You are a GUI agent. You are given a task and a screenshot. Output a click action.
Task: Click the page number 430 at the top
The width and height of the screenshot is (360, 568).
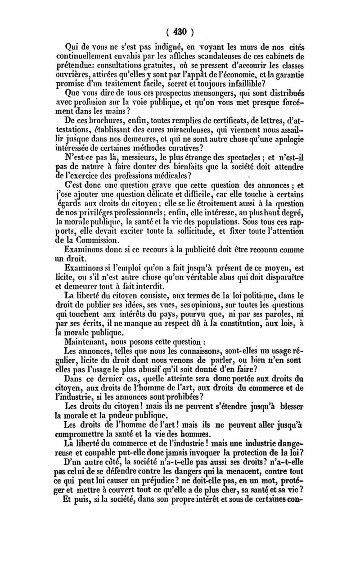coord(179,32)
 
